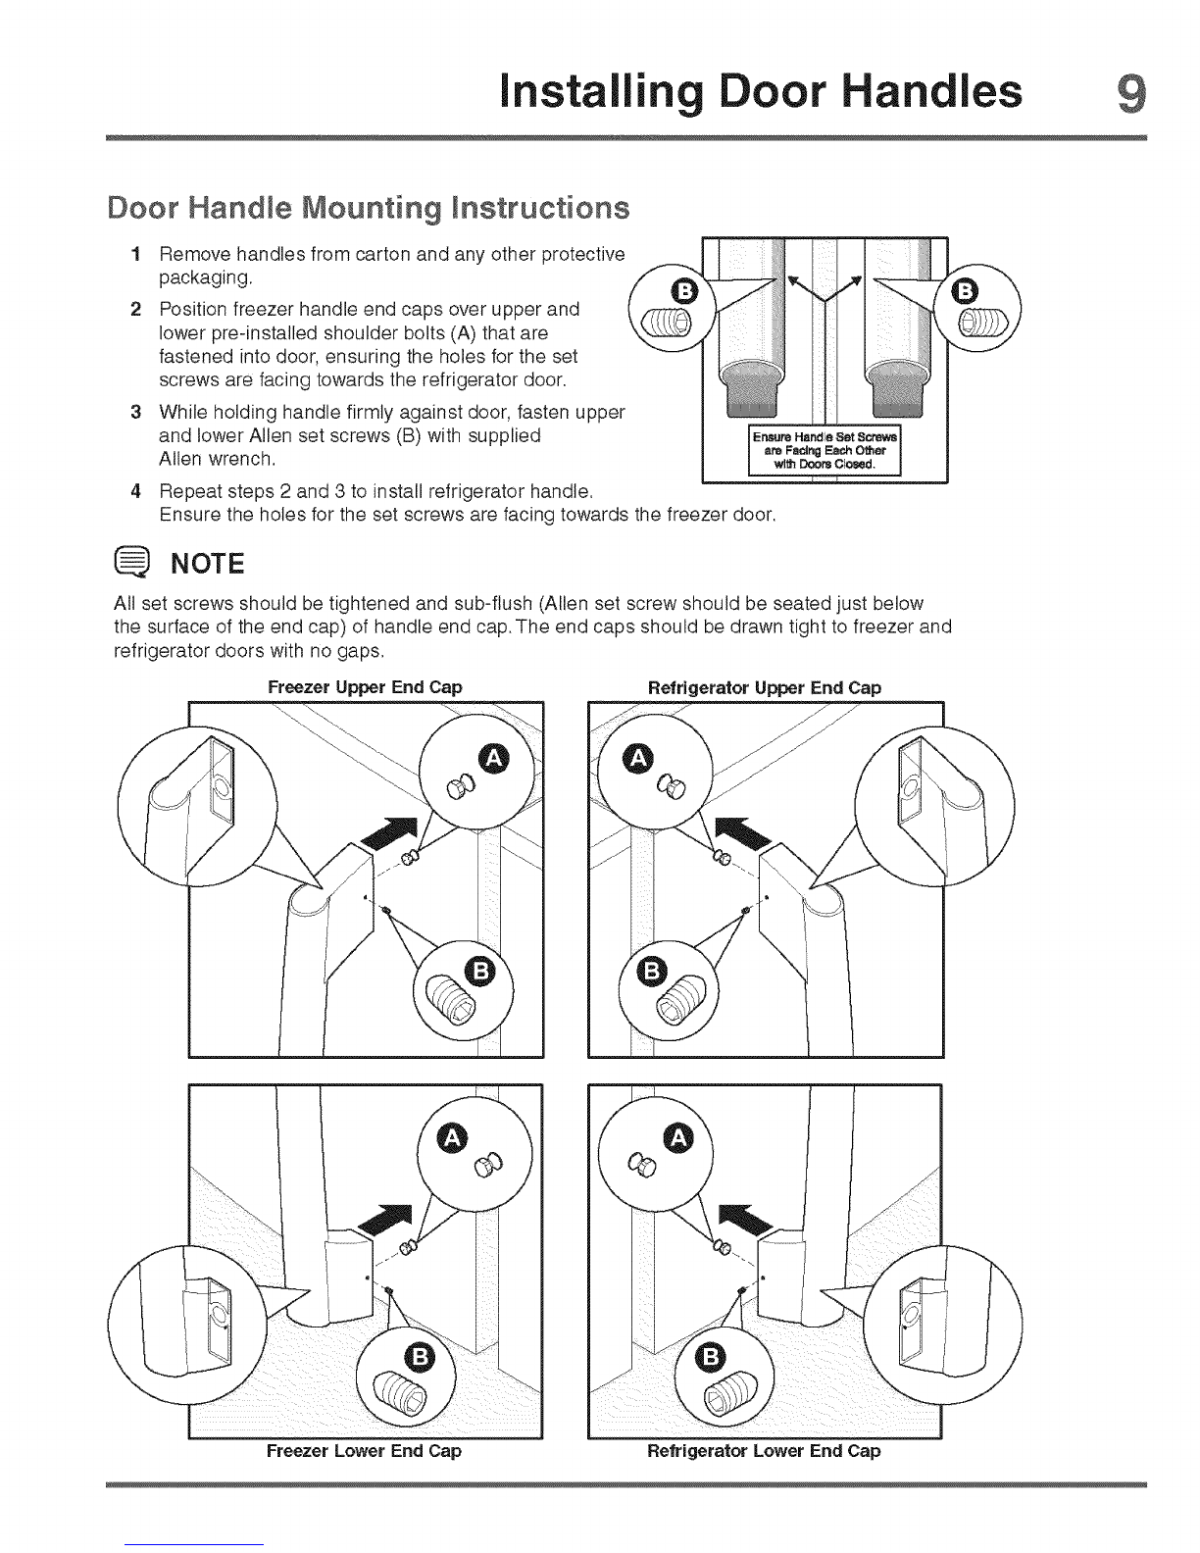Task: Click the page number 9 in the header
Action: click(x=1131, y=93)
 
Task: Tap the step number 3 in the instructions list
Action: click(x=136, y=413)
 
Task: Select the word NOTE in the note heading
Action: click(x=207, y=564)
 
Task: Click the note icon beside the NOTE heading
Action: click(x=131, y=563)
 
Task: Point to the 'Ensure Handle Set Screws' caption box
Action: click(x=825, y=450)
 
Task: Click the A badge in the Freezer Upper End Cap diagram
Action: click(x=494, y=759)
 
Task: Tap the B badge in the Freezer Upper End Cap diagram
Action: click(x=481, y=972)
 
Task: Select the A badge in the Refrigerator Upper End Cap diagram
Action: click(x=638, y=758)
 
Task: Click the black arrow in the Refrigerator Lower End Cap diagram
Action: click(x=744, y=1220)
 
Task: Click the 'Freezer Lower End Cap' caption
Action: click(x=364, y=1451)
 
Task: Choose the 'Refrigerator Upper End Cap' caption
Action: click(x=764, y=687)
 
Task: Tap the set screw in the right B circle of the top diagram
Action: click(x=982, y=324)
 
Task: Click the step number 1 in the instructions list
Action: click(x=136, y=255)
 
